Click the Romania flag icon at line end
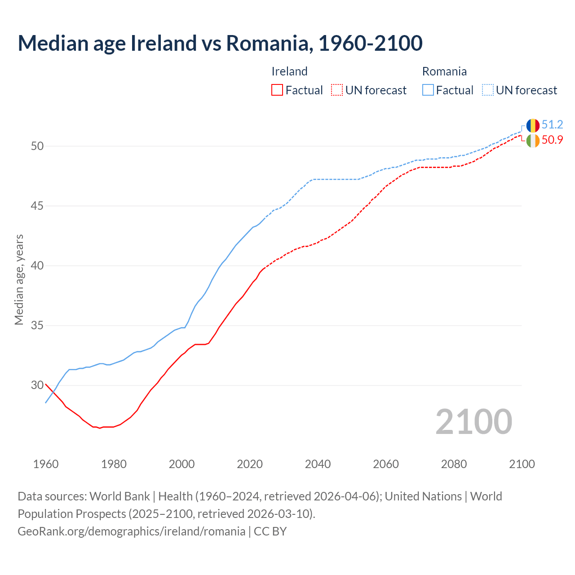pos(533,125)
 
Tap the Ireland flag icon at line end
pos(533,141)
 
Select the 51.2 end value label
pos(553,125)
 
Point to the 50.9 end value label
pos(553,140)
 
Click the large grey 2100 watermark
pos(474,421)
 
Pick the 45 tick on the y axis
pos(38,206)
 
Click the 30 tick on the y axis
pos(38,385)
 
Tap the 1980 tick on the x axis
pos(114,464)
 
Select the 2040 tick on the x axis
pos(318,464)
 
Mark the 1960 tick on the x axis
pos(46,464)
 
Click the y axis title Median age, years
pos(19,279)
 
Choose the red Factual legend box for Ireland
pos(277,90)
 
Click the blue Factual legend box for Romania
pos(428,90)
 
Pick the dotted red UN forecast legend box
pos(337,90)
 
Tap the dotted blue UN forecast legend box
pos(488,90)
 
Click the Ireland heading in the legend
pos(290,71)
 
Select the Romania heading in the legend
pos(444,71)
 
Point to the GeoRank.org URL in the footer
pos(131,531)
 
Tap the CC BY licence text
pos(270,531)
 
